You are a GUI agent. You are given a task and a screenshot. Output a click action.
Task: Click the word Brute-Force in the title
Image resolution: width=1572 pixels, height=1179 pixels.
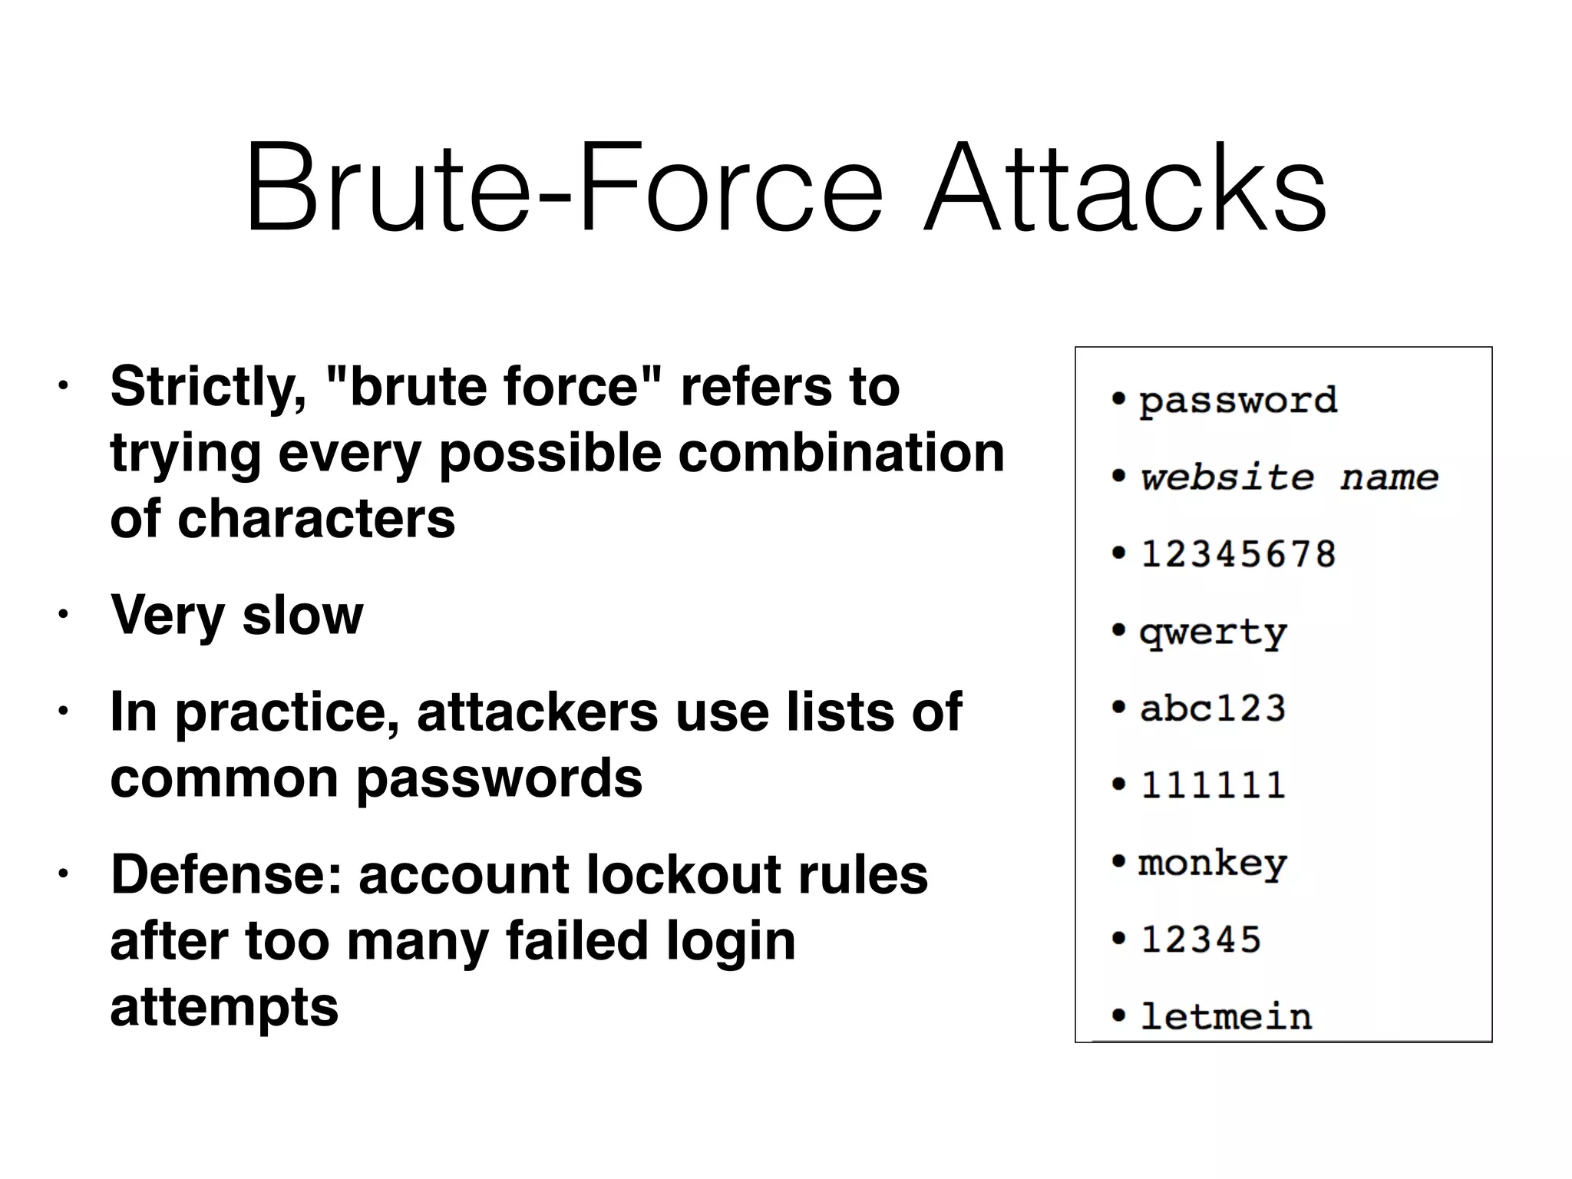[x=563, y=188]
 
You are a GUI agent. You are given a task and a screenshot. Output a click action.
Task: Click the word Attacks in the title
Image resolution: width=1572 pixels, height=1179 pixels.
[x=1125, y=188]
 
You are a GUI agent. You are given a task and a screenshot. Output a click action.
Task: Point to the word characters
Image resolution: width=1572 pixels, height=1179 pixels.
[x=315, y=519]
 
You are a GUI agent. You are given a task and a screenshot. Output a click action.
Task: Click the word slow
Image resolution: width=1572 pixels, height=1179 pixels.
[x=302, y=615]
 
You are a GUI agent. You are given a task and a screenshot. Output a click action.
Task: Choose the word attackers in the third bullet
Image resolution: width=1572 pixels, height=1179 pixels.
[x=537, y=712]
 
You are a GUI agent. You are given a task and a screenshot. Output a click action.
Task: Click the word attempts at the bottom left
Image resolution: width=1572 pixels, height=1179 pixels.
[x=224, y=1007]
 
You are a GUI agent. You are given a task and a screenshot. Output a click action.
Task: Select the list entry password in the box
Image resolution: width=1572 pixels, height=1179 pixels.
[x=1237, y=401]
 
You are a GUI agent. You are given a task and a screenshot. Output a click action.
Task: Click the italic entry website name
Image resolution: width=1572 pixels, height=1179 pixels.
[x=1289, y=477]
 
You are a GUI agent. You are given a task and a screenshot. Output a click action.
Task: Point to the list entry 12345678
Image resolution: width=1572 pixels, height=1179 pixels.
[x=1238, y=554]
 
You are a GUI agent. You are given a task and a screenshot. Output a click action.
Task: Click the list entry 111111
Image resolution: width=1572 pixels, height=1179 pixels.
[x=1213, y=785]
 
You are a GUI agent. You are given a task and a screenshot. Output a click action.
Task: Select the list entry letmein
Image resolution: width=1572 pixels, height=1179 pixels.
[x=1226, y=1017]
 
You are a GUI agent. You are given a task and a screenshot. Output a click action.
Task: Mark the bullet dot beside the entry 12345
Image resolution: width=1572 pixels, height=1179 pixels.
[x=1119, y=938]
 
